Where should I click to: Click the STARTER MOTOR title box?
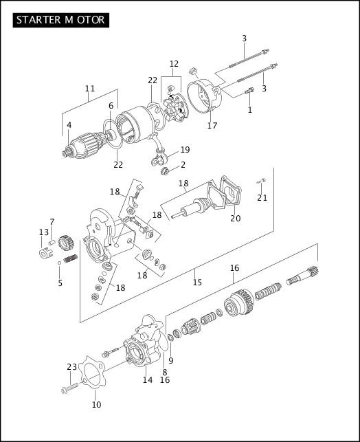[x=60, y=19]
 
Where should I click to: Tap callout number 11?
[x=90, y=89]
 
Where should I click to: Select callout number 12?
[x=174, y=64]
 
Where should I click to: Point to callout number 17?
[x=212, y=126]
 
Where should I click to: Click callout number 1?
[x=250, y=109]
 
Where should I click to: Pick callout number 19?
[x=185, y=151]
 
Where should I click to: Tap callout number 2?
[x=183, y=165]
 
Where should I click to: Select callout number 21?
[x=262, y=198]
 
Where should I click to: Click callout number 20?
[x=235, y=219]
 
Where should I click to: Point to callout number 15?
[x=197, y=282]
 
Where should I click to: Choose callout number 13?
[x=43, y=232]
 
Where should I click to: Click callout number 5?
[x=60, y=283]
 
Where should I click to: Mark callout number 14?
[x=147, y=379]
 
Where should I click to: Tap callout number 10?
[x=96, y=404]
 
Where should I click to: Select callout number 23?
[x=72, y=367]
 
